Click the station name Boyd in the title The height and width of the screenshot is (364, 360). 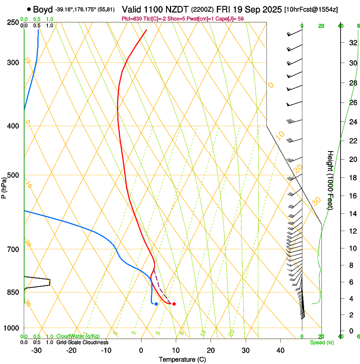point(43,9)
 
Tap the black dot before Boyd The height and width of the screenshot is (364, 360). point(29,9)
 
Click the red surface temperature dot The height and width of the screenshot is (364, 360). point(174,304)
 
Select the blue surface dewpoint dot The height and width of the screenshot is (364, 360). point(156,304)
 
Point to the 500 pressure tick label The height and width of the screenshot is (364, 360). point(13,175)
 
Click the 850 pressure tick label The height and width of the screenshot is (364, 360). point(13,292)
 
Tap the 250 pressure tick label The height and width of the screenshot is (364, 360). point(13,22)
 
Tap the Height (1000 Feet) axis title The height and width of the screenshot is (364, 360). point(330,180)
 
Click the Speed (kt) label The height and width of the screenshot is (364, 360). point(321,342)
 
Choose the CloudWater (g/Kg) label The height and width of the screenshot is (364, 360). point(78,336)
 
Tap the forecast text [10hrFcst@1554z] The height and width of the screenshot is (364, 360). point(311,9)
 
